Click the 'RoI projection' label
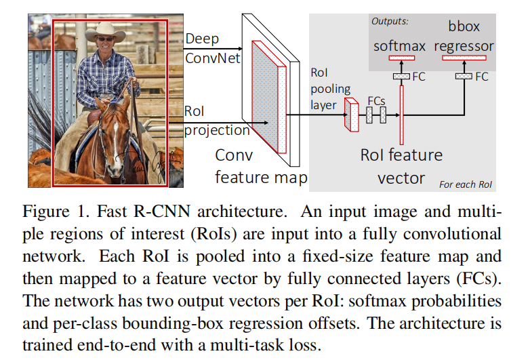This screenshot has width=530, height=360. point(216,120)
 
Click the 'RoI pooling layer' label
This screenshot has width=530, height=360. point(331,88)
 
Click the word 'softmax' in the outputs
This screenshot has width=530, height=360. point(400,46)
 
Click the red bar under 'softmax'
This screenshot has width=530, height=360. point(401,58)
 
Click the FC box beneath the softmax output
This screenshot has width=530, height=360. point(401,77)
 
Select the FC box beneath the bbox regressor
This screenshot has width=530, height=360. point(464,77)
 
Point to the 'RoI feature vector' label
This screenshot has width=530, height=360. point(401,166)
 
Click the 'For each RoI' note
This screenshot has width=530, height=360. point(465,184)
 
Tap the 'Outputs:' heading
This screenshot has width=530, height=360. point(390,21)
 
